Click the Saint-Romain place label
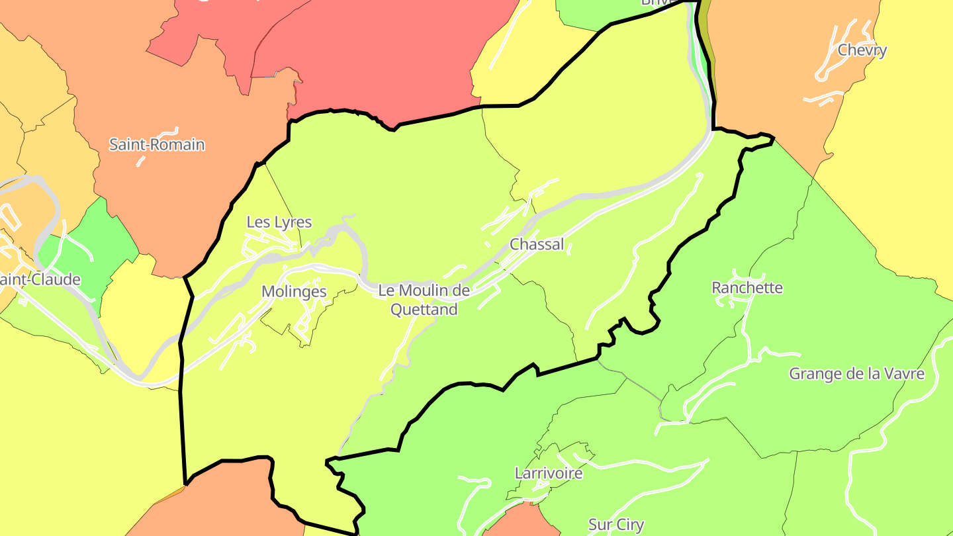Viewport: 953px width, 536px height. tap(157, 144)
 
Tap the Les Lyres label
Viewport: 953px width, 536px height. tap(279, 222)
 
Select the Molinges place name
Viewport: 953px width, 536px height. tap(294, 292)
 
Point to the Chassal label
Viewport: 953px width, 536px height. tap(537, 244)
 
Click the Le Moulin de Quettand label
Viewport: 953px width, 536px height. tap(424, 300)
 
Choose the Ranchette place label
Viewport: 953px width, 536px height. tap(747, 288)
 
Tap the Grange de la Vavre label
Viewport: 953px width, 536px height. tap(856, 374)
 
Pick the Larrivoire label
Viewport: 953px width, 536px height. tap(549, 473)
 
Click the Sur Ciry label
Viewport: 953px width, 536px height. tap(616, 525)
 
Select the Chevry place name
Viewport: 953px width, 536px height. tap(862, 50)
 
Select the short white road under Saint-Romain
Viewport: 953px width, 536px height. tap(141, 161)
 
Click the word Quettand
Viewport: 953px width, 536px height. tap(424, 309)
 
